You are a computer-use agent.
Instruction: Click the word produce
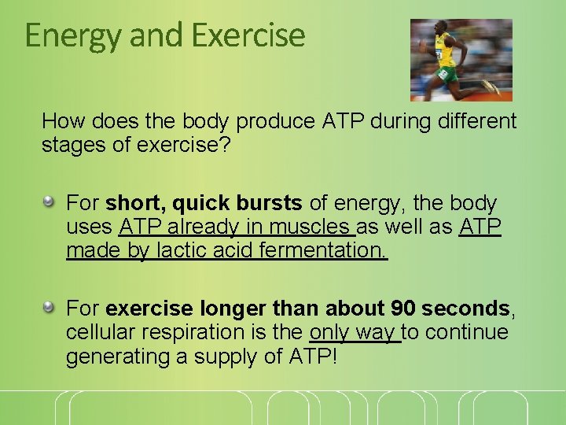[x=276, y=121]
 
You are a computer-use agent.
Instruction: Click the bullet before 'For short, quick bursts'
[x=49, y=202]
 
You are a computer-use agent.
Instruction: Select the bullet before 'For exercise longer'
[x=49, y=307]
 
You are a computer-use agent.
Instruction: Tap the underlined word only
[x=331, y=331]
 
